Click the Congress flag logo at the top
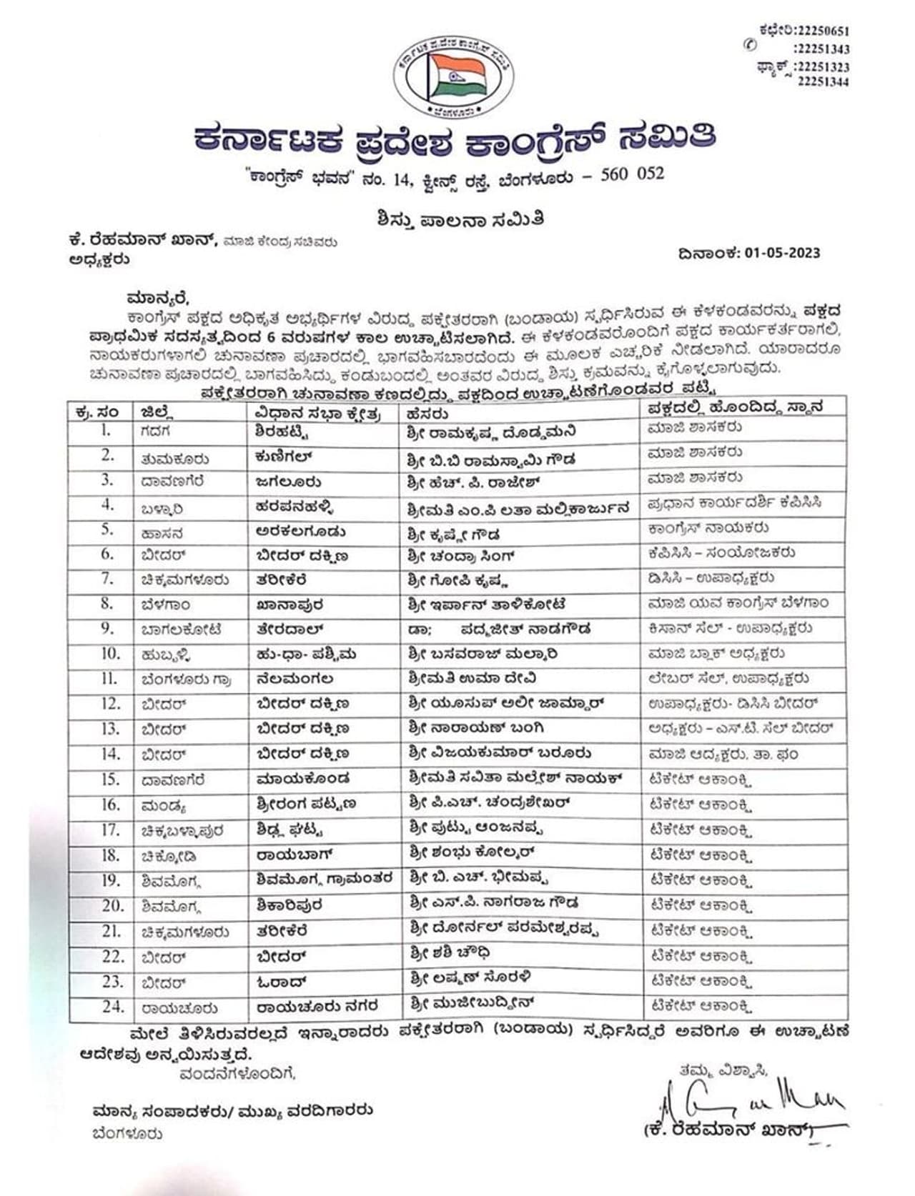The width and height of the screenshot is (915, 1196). tap(453, 77)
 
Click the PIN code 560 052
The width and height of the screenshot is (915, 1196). tap(633, 174)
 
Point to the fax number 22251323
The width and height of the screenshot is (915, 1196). tap(823, 67)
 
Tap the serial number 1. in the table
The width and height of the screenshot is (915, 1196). tap(107, 431)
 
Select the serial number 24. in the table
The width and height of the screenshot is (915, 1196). tap(112, 1007)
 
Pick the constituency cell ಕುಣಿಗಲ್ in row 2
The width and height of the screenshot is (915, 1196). tap(284, 457)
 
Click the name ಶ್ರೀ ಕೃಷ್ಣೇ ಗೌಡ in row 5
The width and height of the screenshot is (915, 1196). tap(454, 534)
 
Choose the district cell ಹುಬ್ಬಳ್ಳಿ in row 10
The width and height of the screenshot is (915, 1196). tap(165, 654)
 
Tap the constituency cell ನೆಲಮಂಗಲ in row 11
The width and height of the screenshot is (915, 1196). tap(295, 679)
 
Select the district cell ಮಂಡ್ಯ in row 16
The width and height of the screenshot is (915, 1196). tap(164, 806)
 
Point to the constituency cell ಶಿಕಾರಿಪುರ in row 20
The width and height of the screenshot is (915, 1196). tap(290, 905)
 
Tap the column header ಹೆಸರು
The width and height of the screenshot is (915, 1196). tap(427, 414)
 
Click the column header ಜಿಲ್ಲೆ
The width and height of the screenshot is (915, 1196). tap(158, 412)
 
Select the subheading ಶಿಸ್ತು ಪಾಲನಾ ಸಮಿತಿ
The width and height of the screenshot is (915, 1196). tap(460, 219)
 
